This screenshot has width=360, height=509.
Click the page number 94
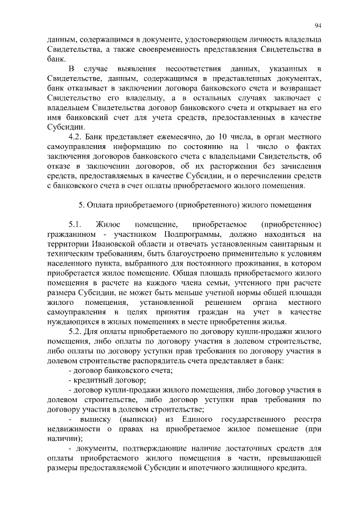pyautogui.click(x=318, y=25)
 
